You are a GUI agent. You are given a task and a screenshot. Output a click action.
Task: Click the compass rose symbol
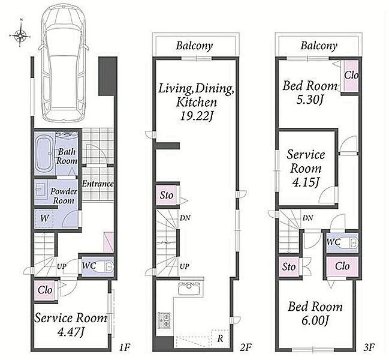(x=20, y=35)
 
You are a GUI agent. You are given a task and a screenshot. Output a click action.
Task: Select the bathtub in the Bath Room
(x=44, y=154)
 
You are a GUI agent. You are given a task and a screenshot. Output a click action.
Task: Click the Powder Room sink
(x=41, y=190)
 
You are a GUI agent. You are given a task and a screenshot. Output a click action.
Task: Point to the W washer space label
(x=44, y=218)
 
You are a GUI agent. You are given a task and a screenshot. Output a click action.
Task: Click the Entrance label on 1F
(x=98, y=184)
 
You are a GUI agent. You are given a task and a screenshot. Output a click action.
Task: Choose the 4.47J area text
(x=70, y=331)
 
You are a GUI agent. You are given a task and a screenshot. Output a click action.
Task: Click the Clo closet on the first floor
(x=45, y=290)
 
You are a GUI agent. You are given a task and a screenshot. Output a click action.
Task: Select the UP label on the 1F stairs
(x=62, y=266)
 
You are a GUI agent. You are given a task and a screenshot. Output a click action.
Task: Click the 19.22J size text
(x=197, y=116)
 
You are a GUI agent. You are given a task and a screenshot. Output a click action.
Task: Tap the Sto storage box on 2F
(x=167, y=195)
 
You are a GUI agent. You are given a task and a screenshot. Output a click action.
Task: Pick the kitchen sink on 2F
(x=189, y=289)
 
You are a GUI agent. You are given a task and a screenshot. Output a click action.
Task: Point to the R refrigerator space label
(x=220, y=338)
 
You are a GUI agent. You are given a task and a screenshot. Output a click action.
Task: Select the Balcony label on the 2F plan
(x=194, y=46)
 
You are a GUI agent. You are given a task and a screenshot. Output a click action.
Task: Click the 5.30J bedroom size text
(x=309, y=100)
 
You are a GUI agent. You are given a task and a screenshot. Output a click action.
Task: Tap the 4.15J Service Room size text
(x=306, y=182)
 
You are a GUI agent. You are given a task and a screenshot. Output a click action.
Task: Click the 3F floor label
(x=369, y=347)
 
